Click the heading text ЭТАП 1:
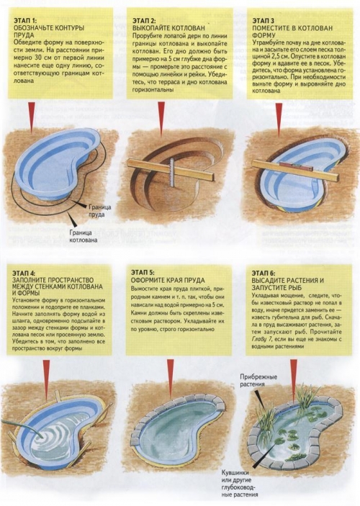24,21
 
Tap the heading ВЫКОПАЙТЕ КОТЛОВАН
168,28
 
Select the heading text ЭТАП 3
263,21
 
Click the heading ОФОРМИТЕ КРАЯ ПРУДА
168,281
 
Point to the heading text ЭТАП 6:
264,274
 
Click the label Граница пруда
100,210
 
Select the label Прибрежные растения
258,380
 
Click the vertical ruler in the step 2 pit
172,173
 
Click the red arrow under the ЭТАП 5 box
171,374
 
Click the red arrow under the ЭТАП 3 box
279,118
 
